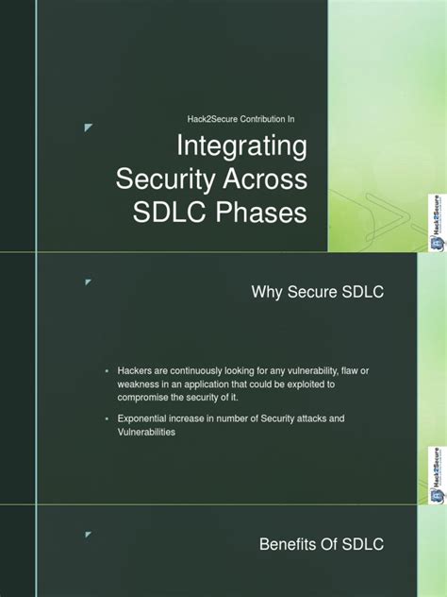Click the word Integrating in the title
point(242,148)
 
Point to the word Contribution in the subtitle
point(245,118)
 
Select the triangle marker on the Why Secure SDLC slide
point(88,281)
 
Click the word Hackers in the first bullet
point(136,370)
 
